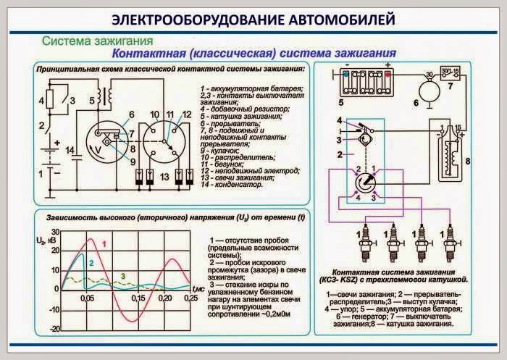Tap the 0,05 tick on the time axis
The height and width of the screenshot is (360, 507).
(87, 298)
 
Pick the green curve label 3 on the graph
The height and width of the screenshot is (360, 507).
(123, 275)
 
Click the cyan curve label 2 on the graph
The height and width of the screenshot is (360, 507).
(92, 263)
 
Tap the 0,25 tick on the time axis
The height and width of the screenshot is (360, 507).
(190, 298)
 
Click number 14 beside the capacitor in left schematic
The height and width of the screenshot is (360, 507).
(70, 151)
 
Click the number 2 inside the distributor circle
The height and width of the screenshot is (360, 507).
(357, 169)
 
